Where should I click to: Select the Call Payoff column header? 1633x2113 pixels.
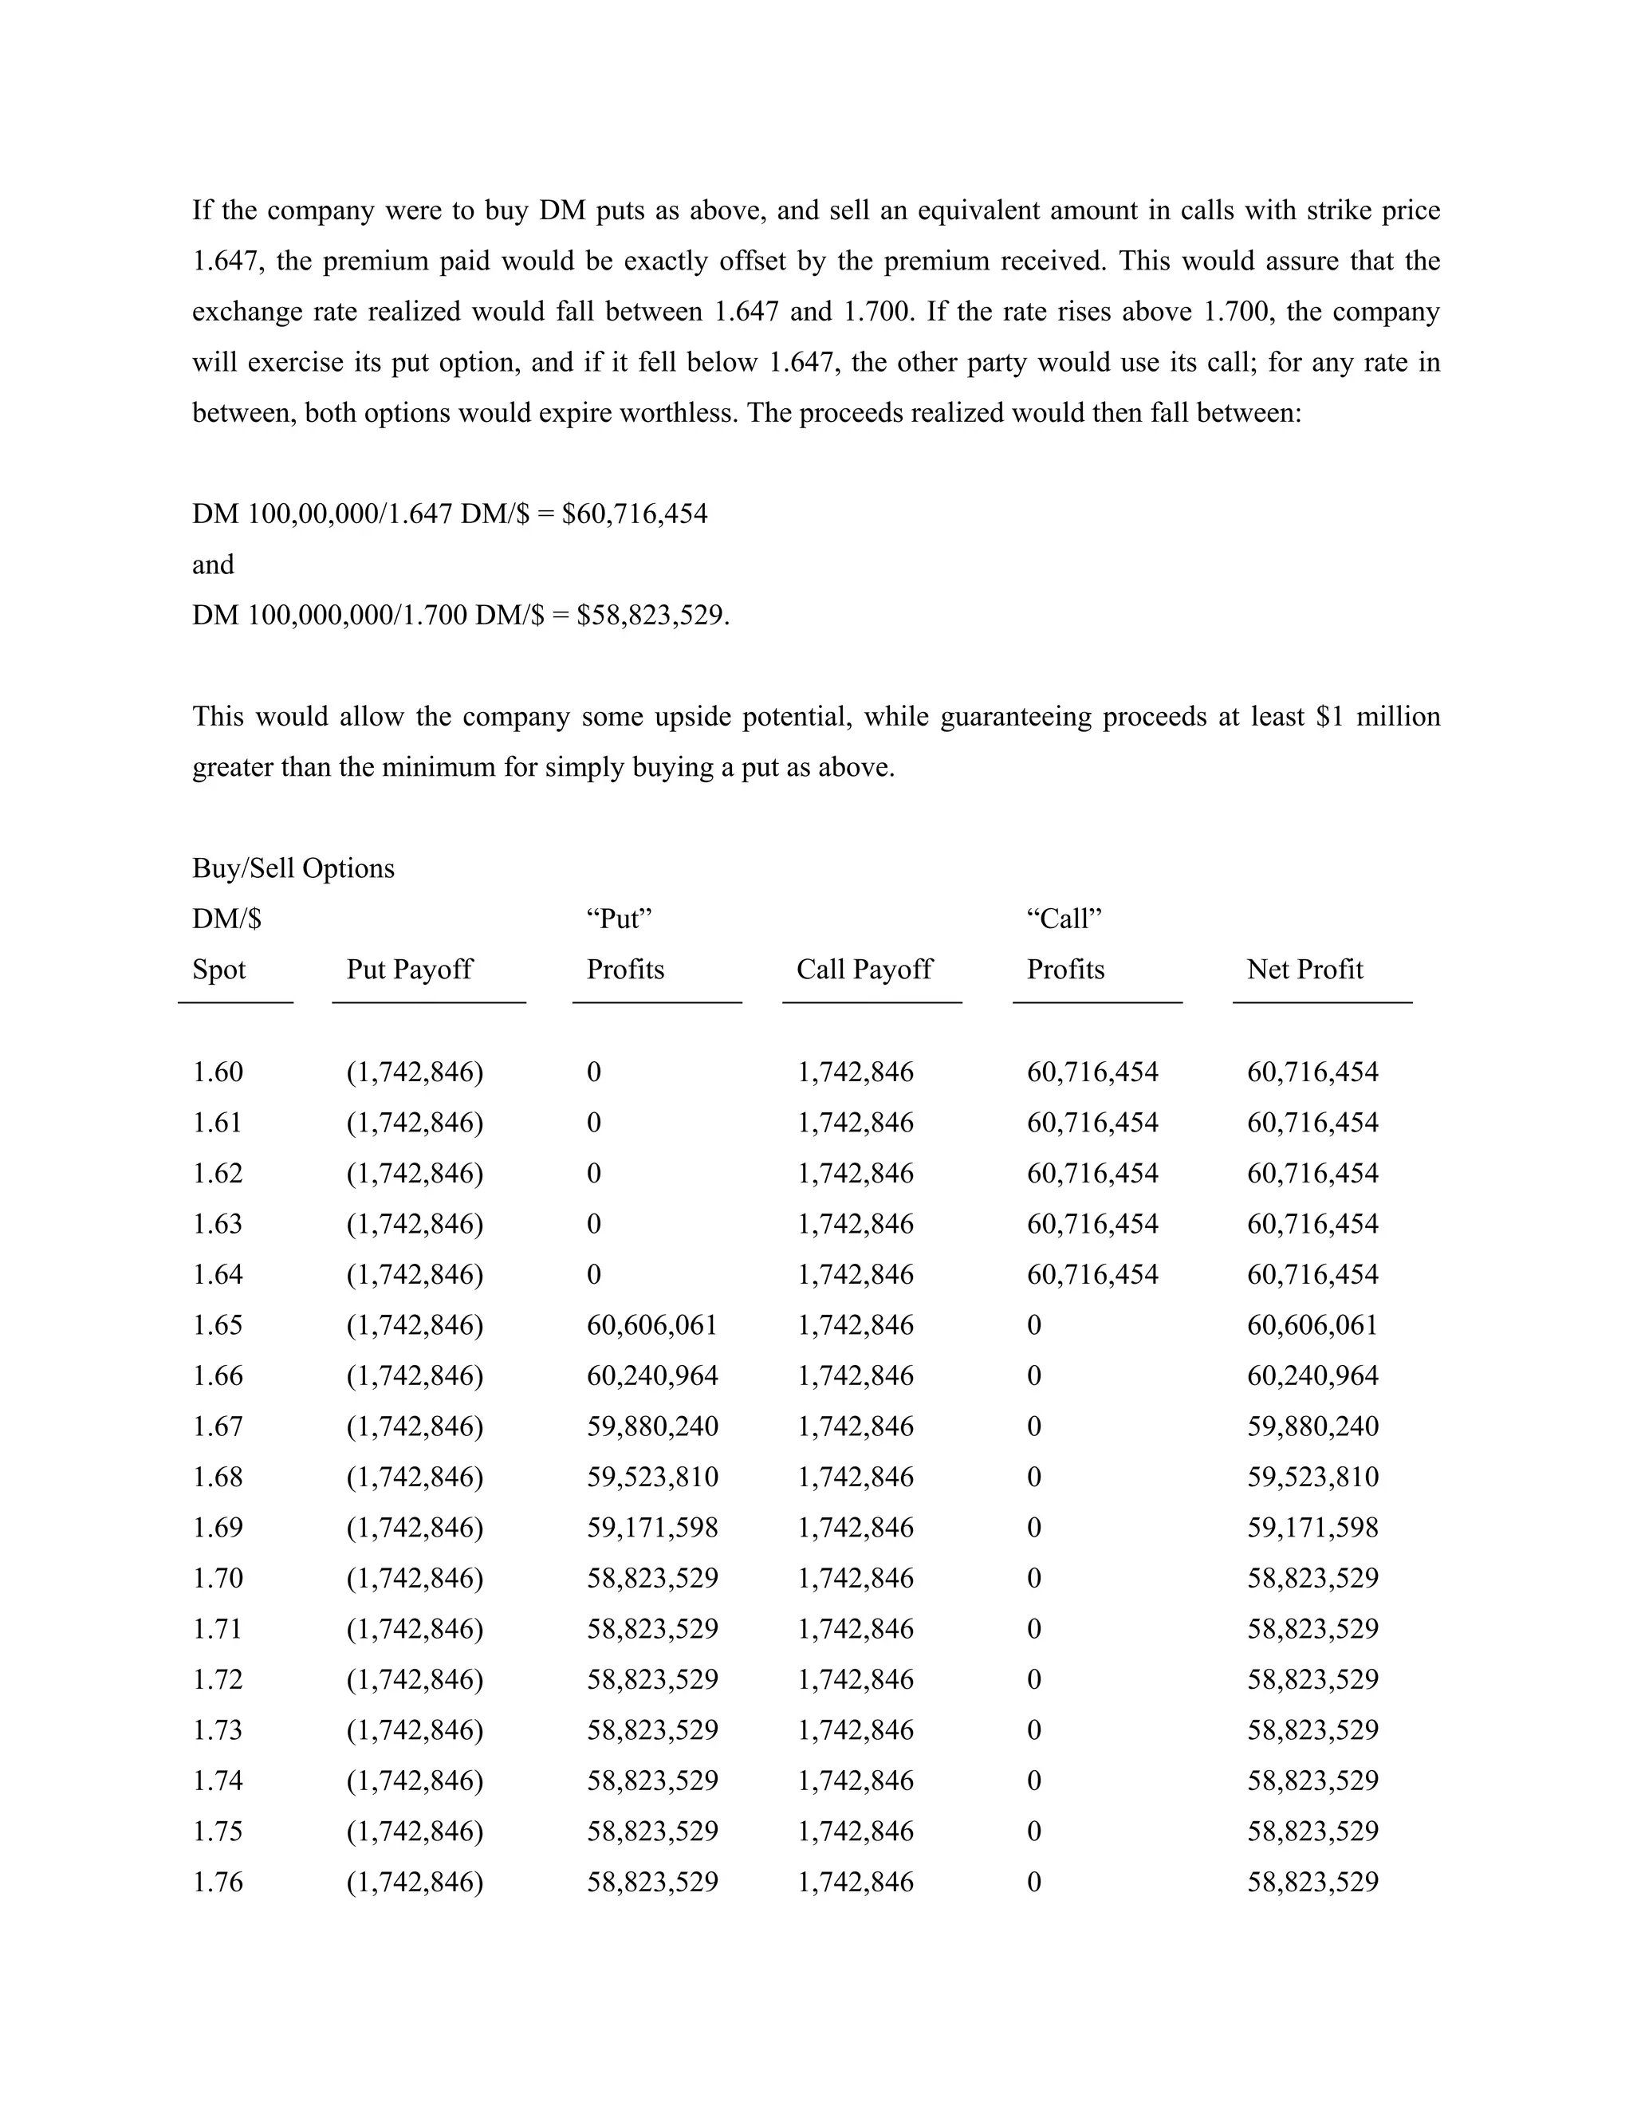pyautogui.click(x=864, y=970)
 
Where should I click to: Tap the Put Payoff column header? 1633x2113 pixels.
pyautogui.click(x=409, y=970)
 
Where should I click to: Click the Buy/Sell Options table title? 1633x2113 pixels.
pyautogui.click(x=293, y=868)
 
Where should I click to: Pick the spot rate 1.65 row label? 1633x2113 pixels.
pyautogui.click(x=218, y=1325)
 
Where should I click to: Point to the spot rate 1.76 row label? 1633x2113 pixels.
pyautogui.click(x=218, y=1882)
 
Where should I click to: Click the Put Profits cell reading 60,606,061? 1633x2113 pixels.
pyautogui.click(x=652, y=1325)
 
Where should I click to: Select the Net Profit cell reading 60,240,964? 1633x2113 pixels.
pyautogui.click(x=1312, y=1375)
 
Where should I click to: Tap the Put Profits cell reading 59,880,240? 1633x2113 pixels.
pyautogui.click(x=652, y=1426)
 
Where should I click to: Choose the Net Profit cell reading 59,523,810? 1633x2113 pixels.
pyautogui.click(x=1312, y=1478)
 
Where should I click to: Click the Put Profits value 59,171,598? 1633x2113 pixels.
pyautogui.click(x=652, y=1528)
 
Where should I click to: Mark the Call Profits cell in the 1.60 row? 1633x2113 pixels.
pyautogui.click(x=1092, y=1072)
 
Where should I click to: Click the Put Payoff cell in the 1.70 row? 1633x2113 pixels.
pyautogui.click(x=415, y=1578)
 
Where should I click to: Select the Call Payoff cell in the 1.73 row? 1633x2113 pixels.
pyautogui.click(x=856, y=1730)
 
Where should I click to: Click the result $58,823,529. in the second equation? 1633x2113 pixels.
pyautogui.click(x=653, y=616)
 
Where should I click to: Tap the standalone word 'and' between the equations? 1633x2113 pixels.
pyautogui.click(x=213, y=565)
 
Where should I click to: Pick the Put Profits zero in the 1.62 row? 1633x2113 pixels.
pyautogui.click(x=594, y=1174)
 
